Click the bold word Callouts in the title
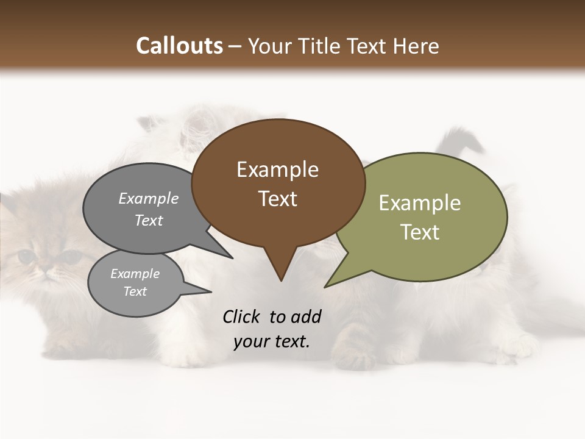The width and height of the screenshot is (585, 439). (x=179, y=46)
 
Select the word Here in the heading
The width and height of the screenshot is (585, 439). (x=415, y=46)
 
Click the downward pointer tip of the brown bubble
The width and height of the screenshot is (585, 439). (x=281, y=280)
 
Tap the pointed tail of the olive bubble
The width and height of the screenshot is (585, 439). (x=326, y=287)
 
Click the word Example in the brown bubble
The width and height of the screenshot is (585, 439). (x=277, y=170)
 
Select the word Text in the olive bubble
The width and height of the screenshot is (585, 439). (x=420, y=232)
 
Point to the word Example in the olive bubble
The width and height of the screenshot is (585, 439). (x=420, y=203)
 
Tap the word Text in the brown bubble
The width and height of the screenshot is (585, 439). (x=278, y=199)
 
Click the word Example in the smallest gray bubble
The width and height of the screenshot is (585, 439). (x=135, y=274)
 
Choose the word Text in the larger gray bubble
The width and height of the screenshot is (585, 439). (x=149, y=221)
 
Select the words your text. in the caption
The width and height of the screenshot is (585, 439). (x=271, y=341)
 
